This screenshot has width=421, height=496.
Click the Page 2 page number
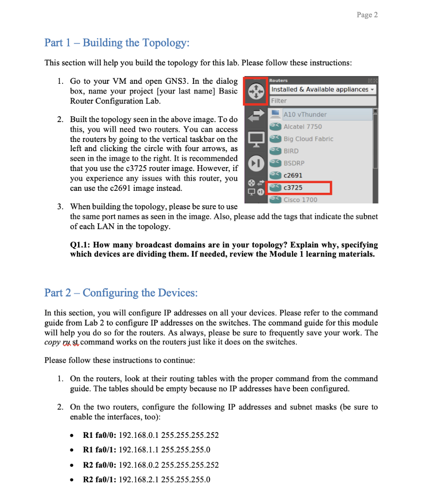tap(367, 15)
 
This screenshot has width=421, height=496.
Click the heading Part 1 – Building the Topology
tap(117, 43)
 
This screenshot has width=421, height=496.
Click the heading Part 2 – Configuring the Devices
tap(121, 293)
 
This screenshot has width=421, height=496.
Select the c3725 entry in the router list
tap(293, 187)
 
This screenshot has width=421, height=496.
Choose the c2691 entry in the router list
tap(293, 175)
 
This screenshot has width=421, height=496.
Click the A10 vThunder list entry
tap(305, 114)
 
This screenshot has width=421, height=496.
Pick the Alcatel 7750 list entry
tap(302, 126)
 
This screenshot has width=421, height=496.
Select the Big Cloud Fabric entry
tap(308, 139)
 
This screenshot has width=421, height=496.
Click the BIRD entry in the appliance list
tap(291, 151)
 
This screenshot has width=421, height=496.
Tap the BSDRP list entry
tap(294, 163)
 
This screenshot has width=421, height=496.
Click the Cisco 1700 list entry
tap(300, 200)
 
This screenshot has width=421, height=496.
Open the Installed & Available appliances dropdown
tap(323, 89)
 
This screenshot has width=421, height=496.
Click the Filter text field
tap(323, 101)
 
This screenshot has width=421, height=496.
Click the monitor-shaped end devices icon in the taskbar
tap(255, 139)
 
